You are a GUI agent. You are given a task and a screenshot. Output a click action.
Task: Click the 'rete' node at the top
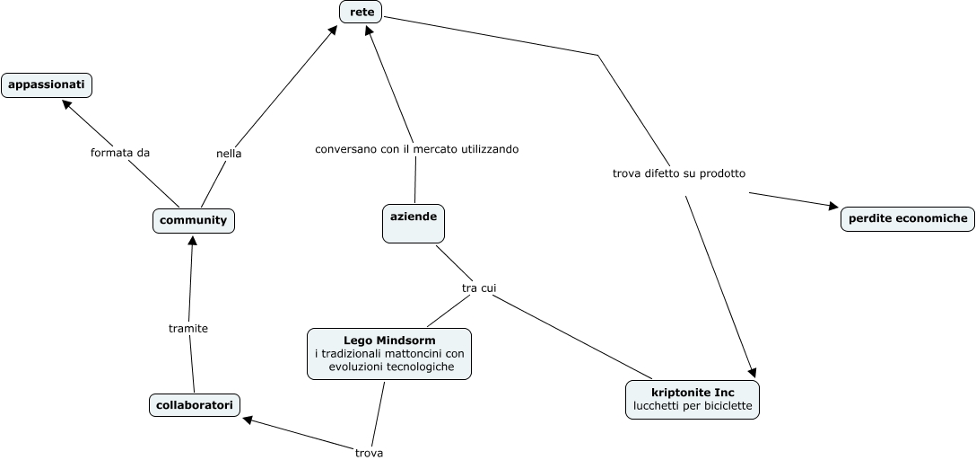point(361,12)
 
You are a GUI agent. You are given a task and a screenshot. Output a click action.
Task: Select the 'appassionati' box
point(47,85)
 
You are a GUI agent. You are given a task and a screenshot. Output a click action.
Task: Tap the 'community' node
point(193,220)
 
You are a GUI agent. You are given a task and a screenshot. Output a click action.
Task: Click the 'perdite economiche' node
point(908,218)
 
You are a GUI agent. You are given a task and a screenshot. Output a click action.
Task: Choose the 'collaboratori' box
point(195,406)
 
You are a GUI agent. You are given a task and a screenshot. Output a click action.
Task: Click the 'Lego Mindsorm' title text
point(389,341)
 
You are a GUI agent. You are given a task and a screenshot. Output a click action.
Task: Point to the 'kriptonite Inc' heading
point(693,393)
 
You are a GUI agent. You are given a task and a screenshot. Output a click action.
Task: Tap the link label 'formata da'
point(119,153)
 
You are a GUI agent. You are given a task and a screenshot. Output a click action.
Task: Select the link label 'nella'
point(229,154)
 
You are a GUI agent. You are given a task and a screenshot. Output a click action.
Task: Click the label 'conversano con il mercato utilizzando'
point(416,148)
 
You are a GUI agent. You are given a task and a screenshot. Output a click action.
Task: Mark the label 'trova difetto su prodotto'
point(679,172)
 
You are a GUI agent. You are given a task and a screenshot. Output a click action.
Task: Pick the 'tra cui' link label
point(479,287)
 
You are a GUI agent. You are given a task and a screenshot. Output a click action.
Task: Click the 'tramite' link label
point(188,329)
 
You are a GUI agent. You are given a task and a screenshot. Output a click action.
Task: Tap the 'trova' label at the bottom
point(369,453)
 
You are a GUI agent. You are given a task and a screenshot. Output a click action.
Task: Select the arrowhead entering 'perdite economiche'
point(832,207)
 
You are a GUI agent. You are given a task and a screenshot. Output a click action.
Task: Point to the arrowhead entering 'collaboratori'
point(249,420)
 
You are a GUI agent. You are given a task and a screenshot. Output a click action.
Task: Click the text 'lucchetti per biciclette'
point(693,407)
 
